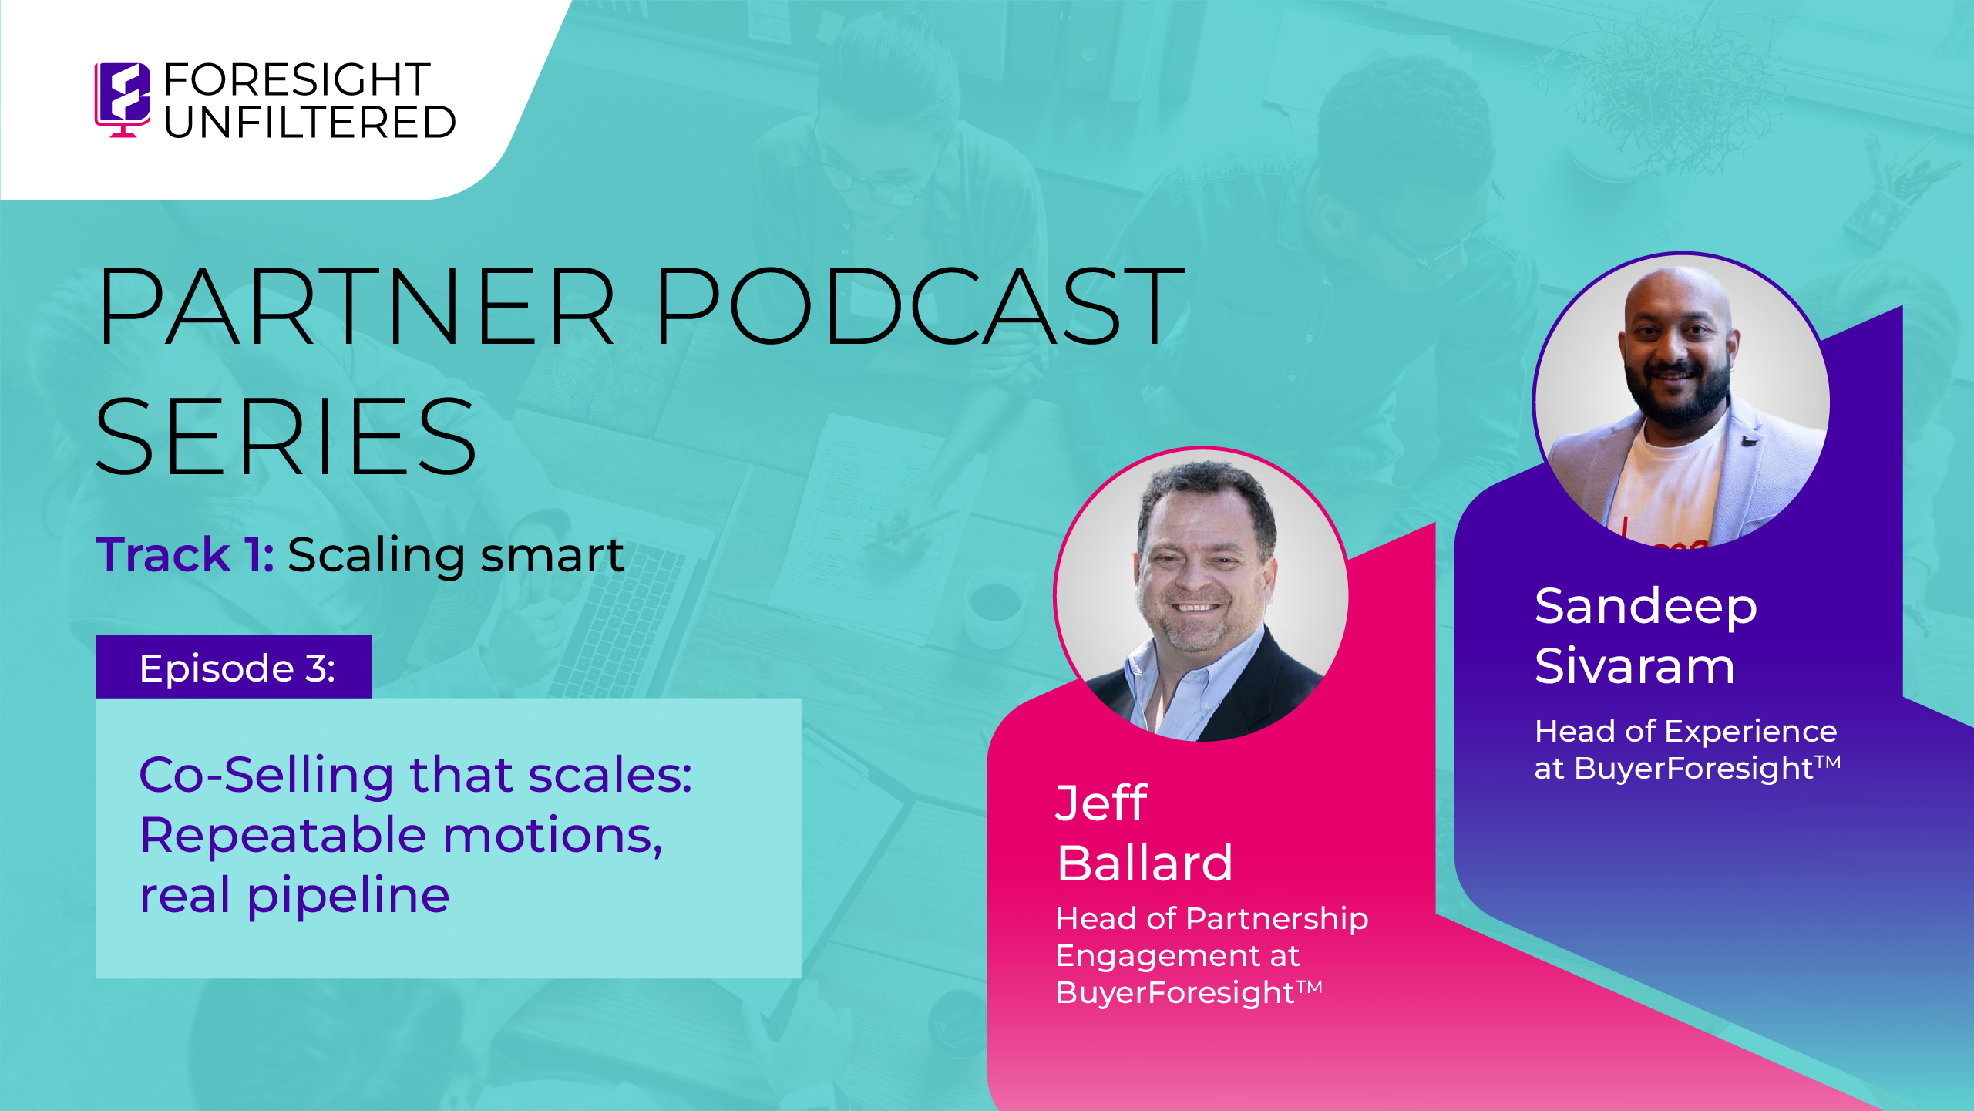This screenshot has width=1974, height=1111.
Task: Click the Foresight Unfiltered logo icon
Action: (x=123, y=99)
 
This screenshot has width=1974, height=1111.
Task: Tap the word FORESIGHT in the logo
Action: (x=297, y=79)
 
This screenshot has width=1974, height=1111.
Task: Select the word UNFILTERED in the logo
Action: (x=310, y=122)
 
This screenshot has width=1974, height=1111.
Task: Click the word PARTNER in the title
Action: (x=356, y=305)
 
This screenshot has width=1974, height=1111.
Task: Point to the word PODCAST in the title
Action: (x=920, y=305)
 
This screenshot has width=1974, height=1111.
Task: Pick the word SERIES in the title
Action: (x=286, y=436)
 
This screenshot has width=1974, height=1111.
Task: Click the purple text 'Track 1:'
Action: (x=185, y=554)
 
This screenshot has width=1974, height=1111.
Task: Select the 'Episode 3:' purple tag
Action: (x=234, y=667)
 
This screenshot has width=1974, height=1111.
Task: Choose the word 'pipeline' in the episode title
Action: (x=348, y=896)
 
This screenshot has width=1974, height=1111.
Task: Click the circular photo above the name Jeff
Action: (x=1201, y=594)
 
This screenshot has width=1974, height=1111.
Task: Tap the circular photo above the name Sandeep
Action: (x=1681, y=400)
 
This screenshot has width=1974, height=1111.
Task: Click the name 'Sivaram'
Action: (x=1635, y=665)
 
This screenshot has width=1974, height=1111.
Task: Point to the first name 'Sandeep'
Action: (x=1646, y=607)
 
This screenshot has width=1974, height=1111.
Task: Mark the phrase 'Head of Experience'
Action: (x=1686, y=731)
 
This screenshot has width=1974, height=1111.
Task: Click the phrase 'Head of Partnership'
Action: (x=1212, y=918)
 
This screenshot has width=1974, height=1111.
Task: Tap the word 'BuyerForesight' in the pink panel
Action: (x=1175, y=992)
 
